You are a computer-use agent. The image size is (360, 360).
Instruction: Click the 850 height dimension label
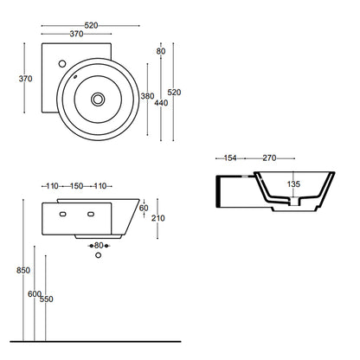23,270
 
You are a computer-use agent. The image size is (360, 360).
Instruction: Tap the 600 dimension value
35,294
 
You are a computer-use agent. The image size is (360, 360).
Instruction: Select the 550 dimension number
47,299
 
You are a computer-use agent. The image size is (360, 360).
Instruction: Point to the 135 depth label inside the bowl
293,183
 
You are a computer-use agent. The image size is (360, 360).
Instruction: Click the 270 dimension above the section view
269,158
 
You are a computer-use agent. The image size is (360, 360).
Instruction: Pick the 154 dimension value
230,158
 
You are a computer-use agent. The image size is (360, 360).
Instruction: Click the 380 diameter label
147,96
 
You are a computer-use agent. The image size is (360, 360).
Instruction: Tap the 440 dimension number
161,103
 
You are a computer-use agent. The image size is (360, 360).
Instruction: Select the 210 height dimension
158,218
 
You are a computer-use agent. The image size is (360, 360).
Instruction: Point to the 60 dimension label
144,208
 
